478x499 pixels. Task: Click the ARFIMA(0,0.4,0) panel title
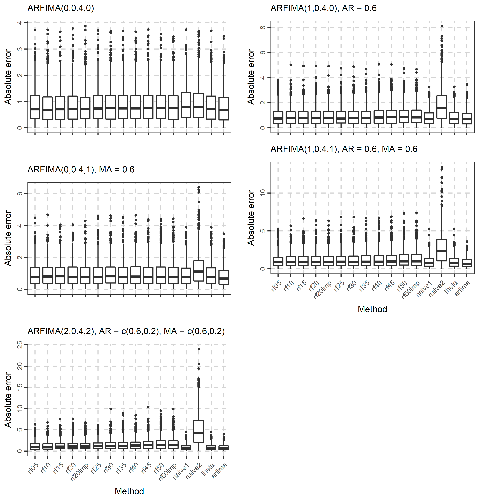pos(61,8)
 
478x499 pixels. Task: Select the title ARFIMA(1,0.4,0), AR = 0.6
pos(323,8)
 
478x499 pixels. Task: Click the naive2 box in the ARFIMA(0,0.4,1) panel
pos(199,271)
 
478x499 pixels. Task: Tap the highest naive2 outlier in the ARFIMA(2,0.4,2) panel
pos(199,349)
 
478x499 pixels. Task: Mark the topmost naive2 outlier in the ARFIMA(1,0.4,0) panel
pos(442,26)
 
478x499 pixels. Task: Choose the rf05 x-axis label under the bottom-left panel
pos(33,468)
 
